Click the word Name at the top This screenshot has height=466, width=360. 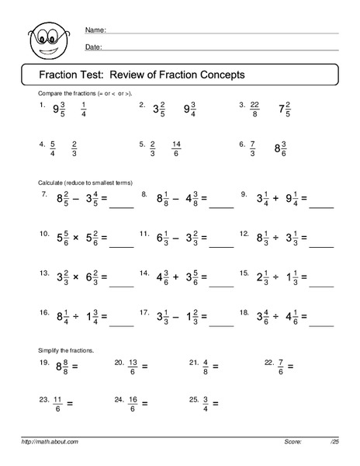[95, 30]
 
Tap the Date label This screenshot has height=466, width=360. [93, 47]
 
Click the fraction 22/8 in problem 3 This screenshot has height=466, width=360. [253, 108]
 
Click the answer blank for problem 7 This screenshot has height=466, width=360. [121, 206]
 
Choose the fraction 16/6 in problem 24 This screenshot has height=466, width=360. [133, 404]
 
